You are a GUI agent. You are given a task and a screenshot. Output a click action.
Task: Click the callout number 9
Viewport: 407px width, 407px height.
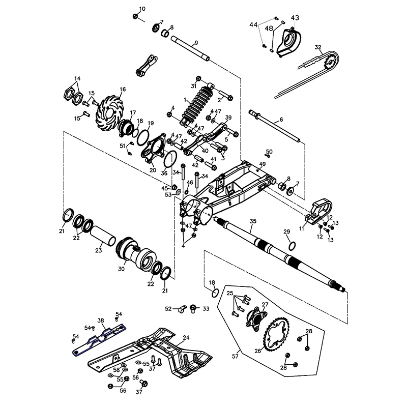point(196,42)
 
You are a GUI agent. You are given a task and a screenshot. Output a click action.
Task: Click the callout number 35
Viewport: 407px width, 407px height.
point(253,221)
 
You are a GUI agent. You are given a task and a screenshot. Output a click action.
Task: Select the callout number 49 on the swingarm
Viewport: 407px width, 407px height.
point(263,164)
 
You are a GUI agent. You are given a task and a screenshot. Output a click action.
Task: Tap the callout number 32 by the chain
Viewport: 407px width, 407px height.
point(318,48)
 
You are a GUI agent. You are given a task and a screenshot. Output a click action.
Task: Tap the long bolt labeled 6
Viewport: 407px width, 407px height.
point(275,127)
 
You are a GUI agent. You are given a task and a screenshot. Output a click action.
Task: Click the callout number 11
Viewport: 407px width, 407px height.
point(301,229)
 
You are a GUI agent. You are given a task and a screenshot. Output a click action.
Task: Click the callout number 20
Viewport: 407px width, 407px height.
point(153,171)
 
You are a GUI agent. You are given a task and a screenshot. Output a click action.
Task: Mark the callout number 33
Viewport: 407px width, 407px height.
point(206,308)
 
